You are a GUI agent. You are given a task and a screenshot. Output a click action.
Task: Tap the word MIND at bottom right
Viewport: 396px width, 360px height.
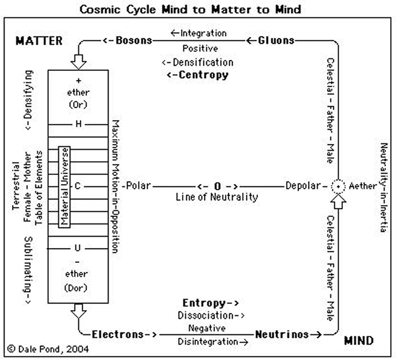(x=359, y=341)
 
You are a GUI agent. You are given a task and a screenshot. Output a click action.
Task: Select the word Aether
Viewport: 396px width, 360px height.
(x=363, y=186)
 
